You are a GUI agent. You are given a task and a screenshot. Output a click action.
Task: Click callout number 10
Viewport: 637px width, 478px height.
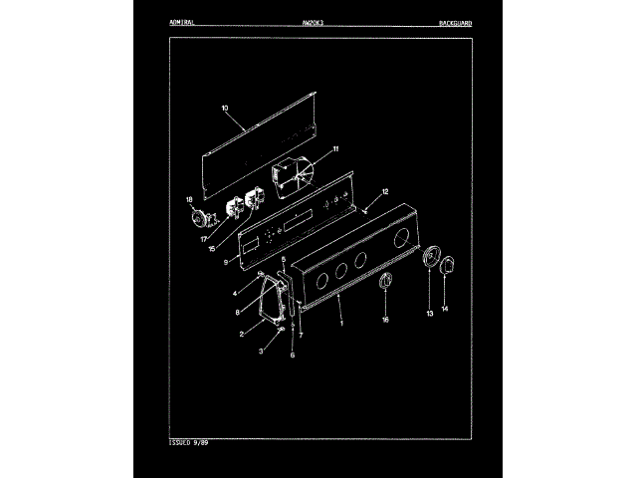224,108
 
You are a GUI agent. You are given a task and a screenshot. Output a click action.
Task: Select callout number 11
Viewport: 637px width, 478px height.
335,148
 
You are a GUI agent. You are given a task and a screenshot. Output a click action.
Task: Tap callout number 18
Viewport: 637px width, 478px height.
190,201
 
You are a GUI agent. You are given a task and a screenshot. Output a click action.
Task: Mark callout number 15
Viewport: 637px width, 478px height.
212,248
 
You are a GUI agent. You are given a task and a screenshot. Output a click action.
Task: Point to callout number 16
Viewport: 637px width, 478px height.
386,320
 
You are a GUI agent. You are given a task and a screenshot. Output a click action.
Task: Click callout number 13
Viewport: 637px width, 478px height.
430,313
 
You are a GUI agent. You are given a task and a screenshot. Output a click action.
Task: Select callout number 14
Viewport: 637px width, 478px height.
445,310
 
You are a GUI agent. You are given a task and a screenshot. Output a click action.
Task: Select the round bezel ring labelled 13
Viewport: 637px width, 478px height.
431,258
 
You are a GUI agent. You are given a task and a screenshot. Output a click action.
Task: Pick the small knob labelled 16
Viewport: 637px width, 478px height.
386,285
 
